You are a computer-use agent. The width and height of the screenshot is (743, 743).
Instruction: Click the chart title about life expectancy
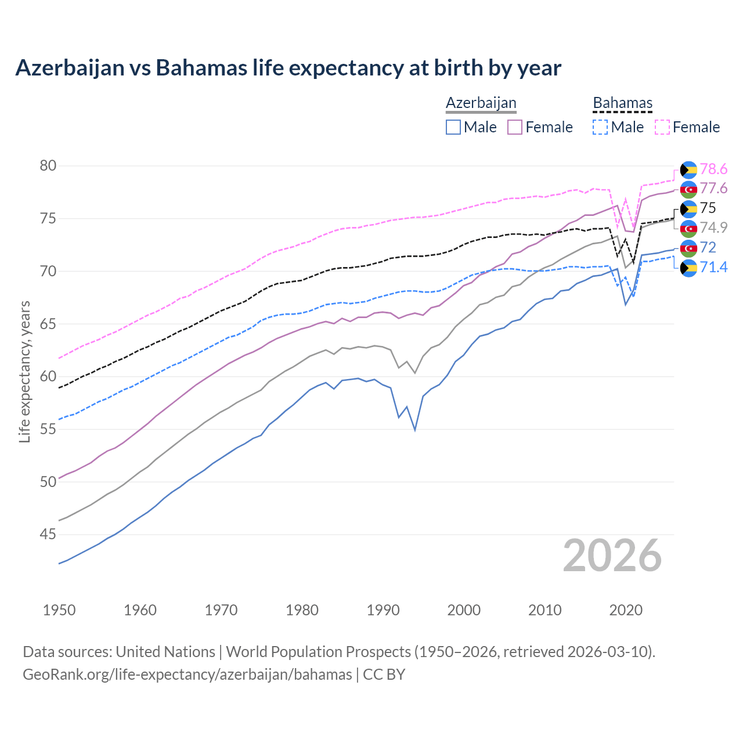coord(288,68)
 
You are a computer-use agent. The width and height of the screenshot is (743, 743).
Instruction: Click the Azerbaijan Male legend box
coord(453,127)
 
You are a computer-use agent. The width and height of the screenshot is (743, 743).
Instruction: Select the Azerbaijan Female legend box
coord(515,127)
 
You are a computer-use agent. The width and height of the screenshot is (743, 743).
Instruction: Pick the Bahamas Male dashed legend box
coord(600,127)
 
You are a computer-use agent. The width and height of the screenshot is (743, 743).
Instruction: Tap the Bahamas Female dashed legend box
coord(662,127)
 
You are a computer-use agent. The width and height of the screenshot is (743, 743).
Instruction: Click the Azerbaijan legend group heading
coord(481,103)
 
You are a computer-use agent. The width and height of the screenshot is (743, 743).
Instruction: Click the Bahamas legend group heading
coord(622,103)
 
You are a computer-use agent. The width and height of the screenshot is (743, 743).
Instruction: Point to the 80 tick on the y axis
coord(48,166)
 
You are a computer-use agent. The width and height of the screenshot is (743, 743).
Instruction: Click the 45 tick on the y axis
coord(48,534)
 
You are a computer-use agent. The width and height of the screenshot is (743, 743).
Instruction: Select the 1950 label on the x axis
coord(59,610)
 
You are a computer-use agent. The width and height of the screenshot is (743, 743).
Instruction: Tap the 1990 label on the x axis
coord(383,610)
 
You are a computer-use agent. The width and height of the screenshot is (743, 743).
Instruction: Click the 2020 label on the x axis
coord(626,610)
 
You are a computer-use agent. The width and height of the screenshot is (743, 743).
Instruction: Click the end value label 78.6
coord(713,169)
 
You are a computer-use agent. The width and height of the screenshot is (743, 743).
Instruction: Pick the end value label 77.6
coord(713,189)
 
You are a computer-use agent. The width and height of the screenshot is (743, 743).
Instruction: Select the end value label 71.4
coord(713,268)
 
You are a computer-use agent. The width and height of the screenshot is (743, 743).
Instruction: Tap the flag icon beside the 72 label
coord(688,248)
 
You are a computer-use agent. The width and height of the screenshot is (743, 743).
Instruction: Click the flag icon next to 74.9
coord(688,228)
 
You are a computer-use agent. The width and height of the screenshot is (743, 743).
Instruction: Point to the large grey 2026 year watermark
coord(612,556)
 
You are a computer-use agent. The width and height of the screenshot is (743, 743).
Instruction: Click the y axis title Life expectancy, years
coord(25,371)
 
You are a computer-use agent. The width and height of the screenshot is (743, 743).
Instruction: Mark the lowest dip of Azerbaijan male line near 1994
coord(414,430)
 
